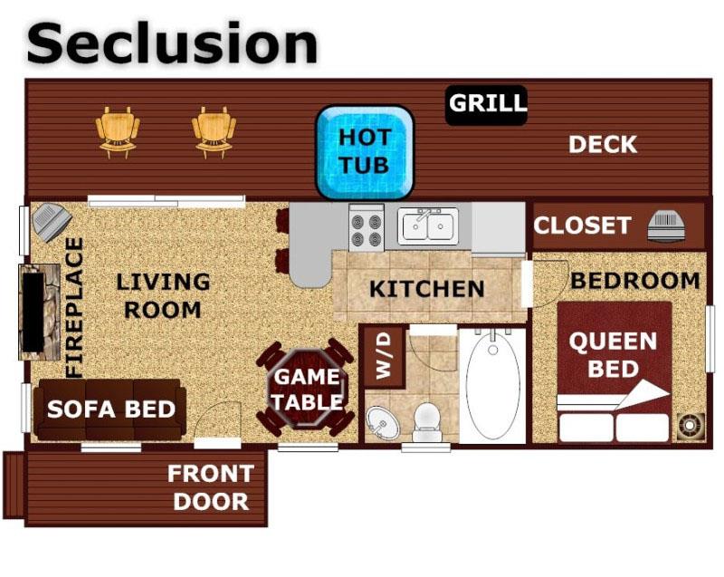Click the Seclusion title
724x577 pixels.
coord(172,43)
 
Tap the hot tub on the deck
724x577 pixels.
coord(364,151)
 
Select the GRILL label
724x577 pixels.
coord(487,103)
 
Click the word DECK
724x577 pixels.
coord(602,145)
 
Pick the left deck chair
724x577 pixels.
coord(119,131)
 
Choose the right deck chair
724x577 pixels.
coord(214,131)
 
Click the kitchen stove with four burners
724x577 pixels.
coord(367,228)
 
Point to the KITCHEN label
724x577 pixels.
coord(426,289)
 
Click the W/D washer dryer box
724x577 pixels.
coord(383,356)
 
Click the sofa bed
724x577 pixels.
coord(110,409)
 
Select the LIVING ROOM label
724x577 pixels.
coord(163,295)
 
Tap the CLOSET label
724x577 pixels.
coord(581,226)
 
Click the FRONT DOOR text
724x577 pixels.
coord(210,487)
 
